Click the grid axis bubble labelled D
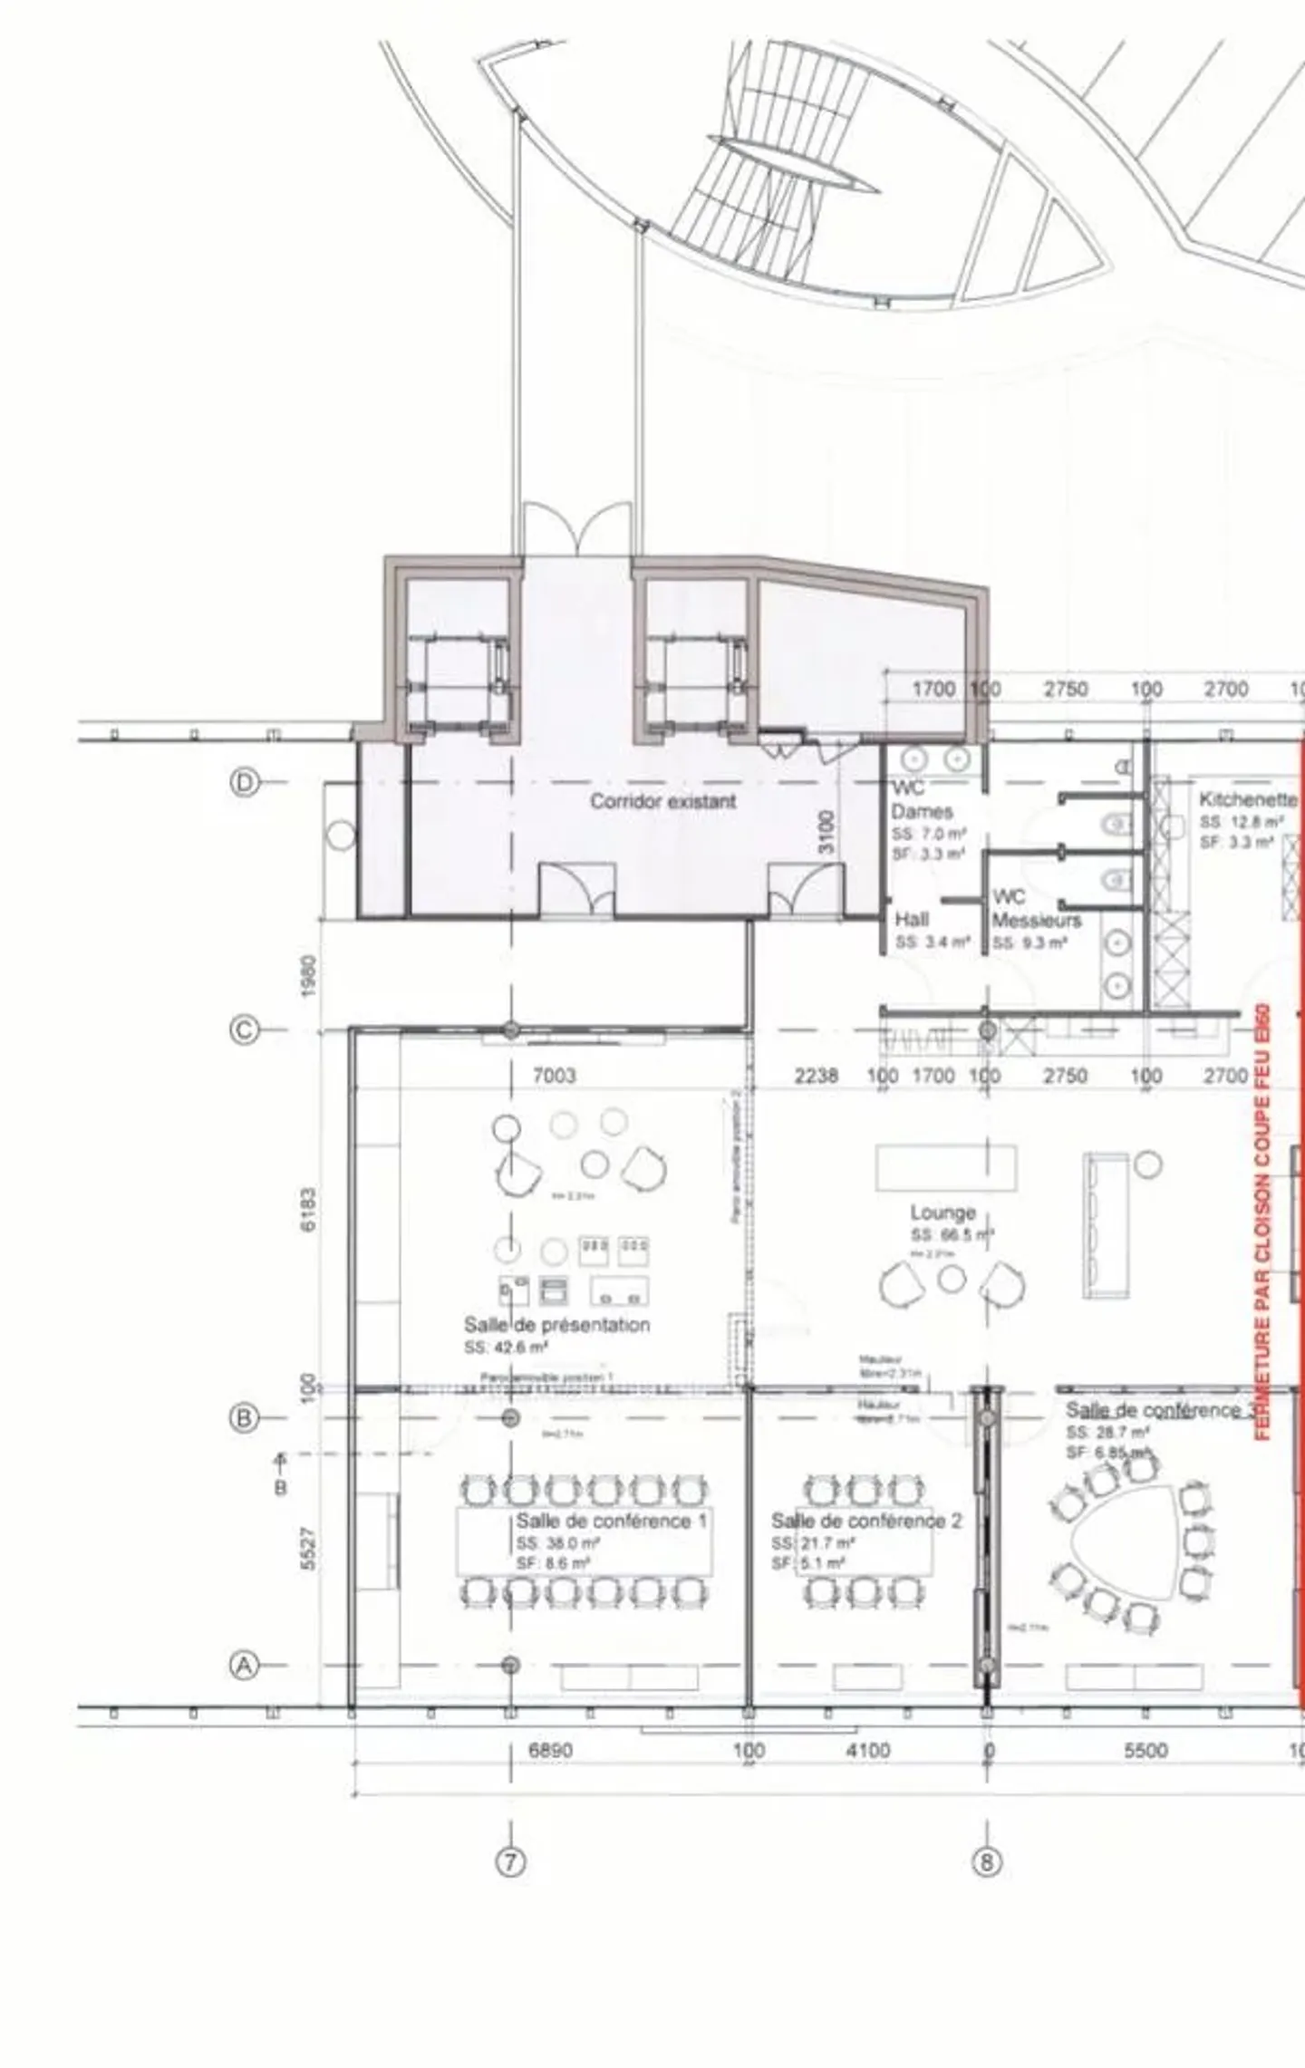244,781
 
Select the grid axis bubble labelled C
244,1029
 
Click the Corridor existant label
662,801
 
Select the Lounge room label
942,1213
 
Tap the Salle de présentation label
556,1325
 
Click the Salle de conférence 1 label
611,1521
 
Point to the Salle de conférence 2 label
865,1521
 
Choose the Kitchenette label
1247,799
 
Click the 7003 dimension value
554,1076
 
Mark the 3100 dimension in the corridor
826,831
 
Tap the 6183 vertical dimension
309,1210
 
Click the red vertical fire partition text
1263,1223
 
